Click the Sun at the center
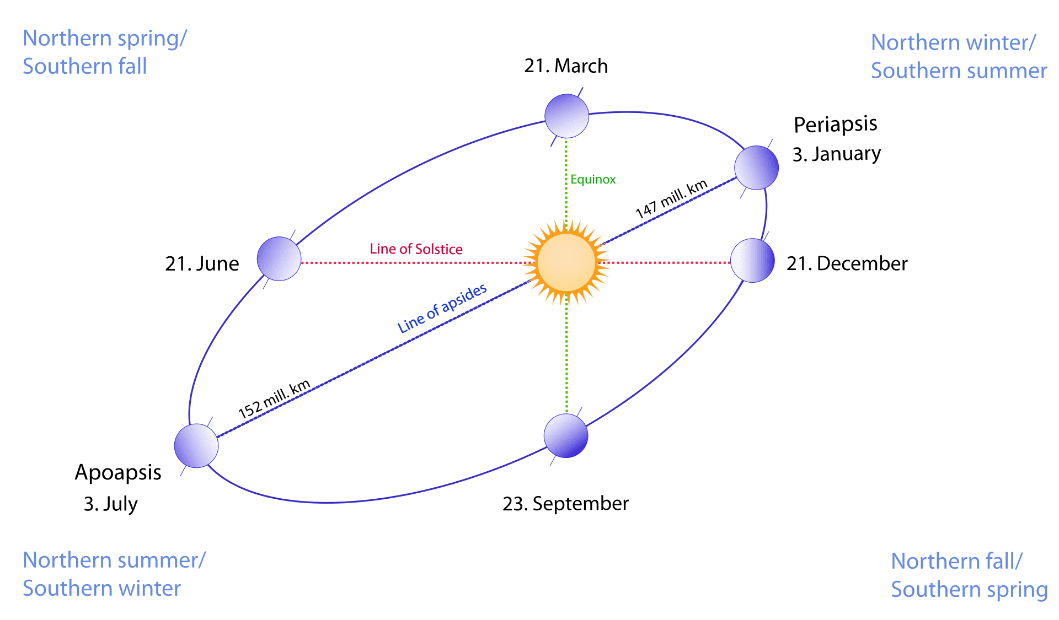tap(566, 262)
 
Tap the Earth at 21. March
tap(566, 116)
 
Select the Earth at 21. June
tap(279, 259)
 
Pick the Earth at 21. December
tap(752, 261)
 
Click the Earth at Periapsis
tap(756, 168)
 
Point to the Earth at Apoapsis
tap(196, 446)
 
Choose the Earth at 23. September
tap(566, 436)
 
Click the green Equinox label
tap(593, 180)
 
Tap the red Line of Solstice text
tap(416, 249)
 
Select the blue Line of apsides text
tap(442, 308)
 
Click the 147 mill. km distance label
tap(671, 199)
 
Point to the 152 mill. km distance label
tap(274, 399)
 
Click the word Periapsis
tap(835, 125)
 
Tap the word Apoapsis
tap(118, 473)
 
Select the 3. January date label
tap(837, 154)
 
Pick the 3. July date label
tap(111, 504)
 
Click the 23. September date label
tap(565, 504)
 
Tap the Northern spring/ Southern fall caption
tap(105, 52)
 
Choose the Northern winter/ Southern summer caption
tap(959, 56)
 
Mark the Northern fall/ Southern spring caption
tap(969, 575)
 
